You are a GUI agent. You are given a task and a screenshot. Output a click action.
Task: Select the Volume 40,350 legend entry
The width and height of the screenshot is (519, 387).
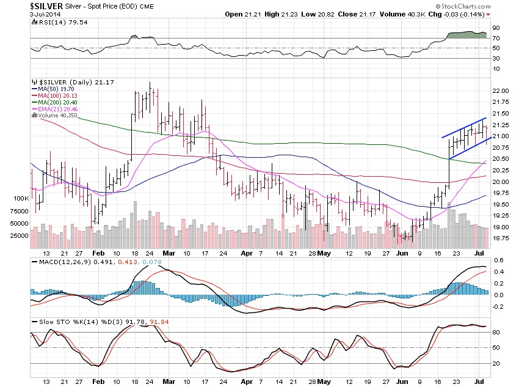60,115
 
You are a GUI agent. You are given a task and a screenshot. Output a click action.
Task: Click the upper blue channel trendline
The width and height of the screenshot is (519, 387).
464,128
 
